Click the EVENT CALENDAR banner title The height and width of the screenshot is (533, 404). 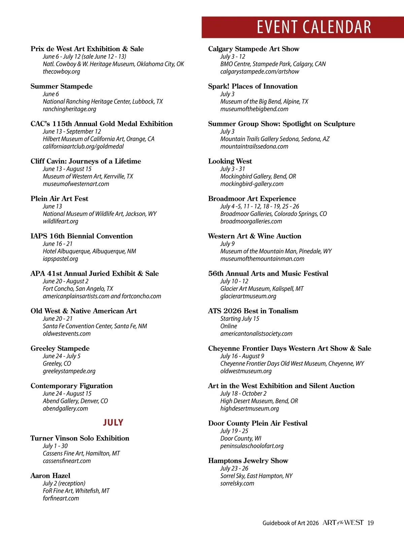[x=314, y=27]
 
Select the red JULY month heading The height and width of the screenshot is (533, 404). [x=113, y=422]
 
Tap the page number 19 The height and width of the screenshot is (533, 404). [x=370, y=523]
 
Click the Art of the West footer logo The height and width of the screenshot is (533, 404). [x=343, y=523]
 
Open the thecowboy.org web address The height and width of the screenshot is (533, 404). [x=61, y=71]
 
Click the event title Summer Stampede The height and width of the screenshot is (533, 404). [x=61, y=86]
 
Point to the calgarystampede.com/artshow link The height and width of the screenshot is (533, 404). [x=260, y=71]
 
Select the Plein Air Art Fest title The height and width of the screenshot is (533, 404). [x=59, y=198]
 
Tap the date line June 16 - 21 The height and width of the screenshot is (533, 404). [x=58, y=244]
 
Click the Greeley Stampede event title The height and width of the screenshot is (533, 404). [x=60, y=348]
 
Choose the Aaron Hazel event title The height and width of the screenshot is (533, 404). [x=50, y=476]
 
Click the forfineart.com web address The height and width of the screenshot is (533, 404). [x=61, y=498]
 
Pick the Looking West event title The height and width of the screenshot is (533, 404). [x=230, y=161]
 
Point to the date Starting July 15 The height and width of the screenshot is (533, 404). [x=240, y=319]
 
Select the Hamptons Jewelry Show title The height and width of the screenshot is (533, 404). [x=248, y=461]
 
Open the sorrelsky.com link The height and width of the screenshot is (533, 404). [x=237, y=483]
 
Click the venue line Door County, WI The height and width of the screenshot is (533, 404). [x=241, y=438]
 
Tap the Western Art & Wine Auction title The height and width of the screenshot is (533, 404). [x=255, y=236]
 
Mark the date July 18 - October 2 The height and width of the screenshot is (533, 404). [x=243, y=394]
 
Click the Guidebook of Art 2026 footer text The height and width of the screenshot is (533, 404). [x=290, y=523]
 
